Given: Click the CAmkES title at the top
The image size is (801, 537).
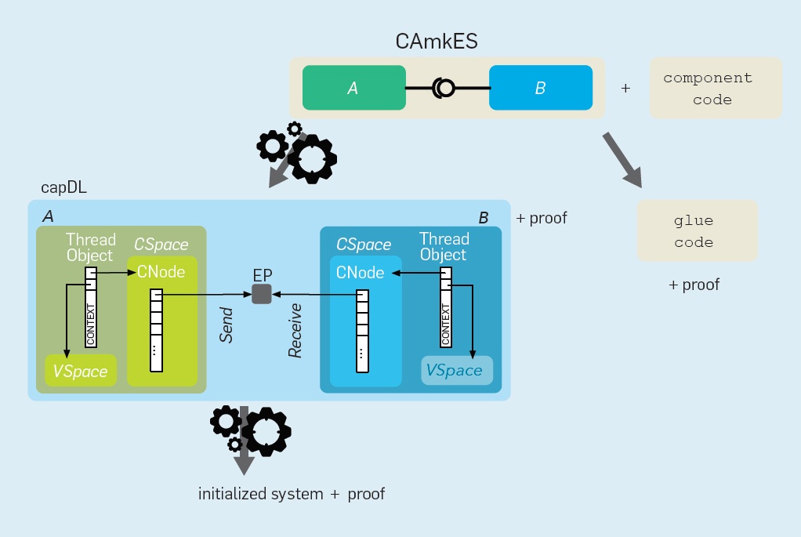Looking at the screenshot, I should click(x=436, y=41).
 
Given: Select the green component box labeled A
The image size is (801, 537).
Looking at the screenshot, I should click(x=353, y=88).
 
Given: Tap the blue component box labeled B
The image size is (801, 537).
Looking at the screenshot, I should click(x=540, y=88).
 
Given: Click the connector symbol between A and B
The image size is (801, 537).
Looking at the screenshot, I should click(x=444, y=88).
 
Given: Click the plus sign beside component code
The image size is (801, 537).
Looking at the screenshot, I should click(x=625, y=89).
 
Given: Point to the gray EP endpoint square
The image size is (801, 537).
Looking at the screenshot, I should click(x=262, y=294).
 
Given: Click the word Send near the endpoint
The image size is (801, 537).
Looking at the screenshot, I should click(x=227, y=325).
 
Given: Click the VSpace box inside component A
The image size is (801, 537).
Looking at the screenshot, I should click(x=80, y=371).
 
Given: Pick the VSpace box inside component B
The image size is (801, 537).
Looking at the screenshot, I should click(x=457, y=370).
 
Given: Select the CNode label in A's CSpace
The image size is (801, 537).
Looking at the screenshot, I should click(x=161, y=272).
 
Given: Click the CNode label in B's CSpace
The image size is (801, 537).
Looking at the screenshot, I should click(x=361, y=273).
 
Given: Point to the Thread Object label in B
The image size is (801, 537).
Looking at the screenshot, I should click(x=444, y=247).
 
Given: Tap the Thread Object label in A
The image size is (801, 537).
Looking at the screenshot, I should click(x=90, y=248).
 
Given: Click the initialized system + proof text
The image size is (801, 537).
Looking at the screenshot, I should click(x=291, y=494).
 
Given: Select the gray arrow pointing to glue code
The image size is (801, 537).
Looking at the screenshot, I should click(x=622, y=160).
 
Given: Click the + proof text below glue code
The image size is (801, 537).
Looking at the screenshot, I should click(x=694, y=285).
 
